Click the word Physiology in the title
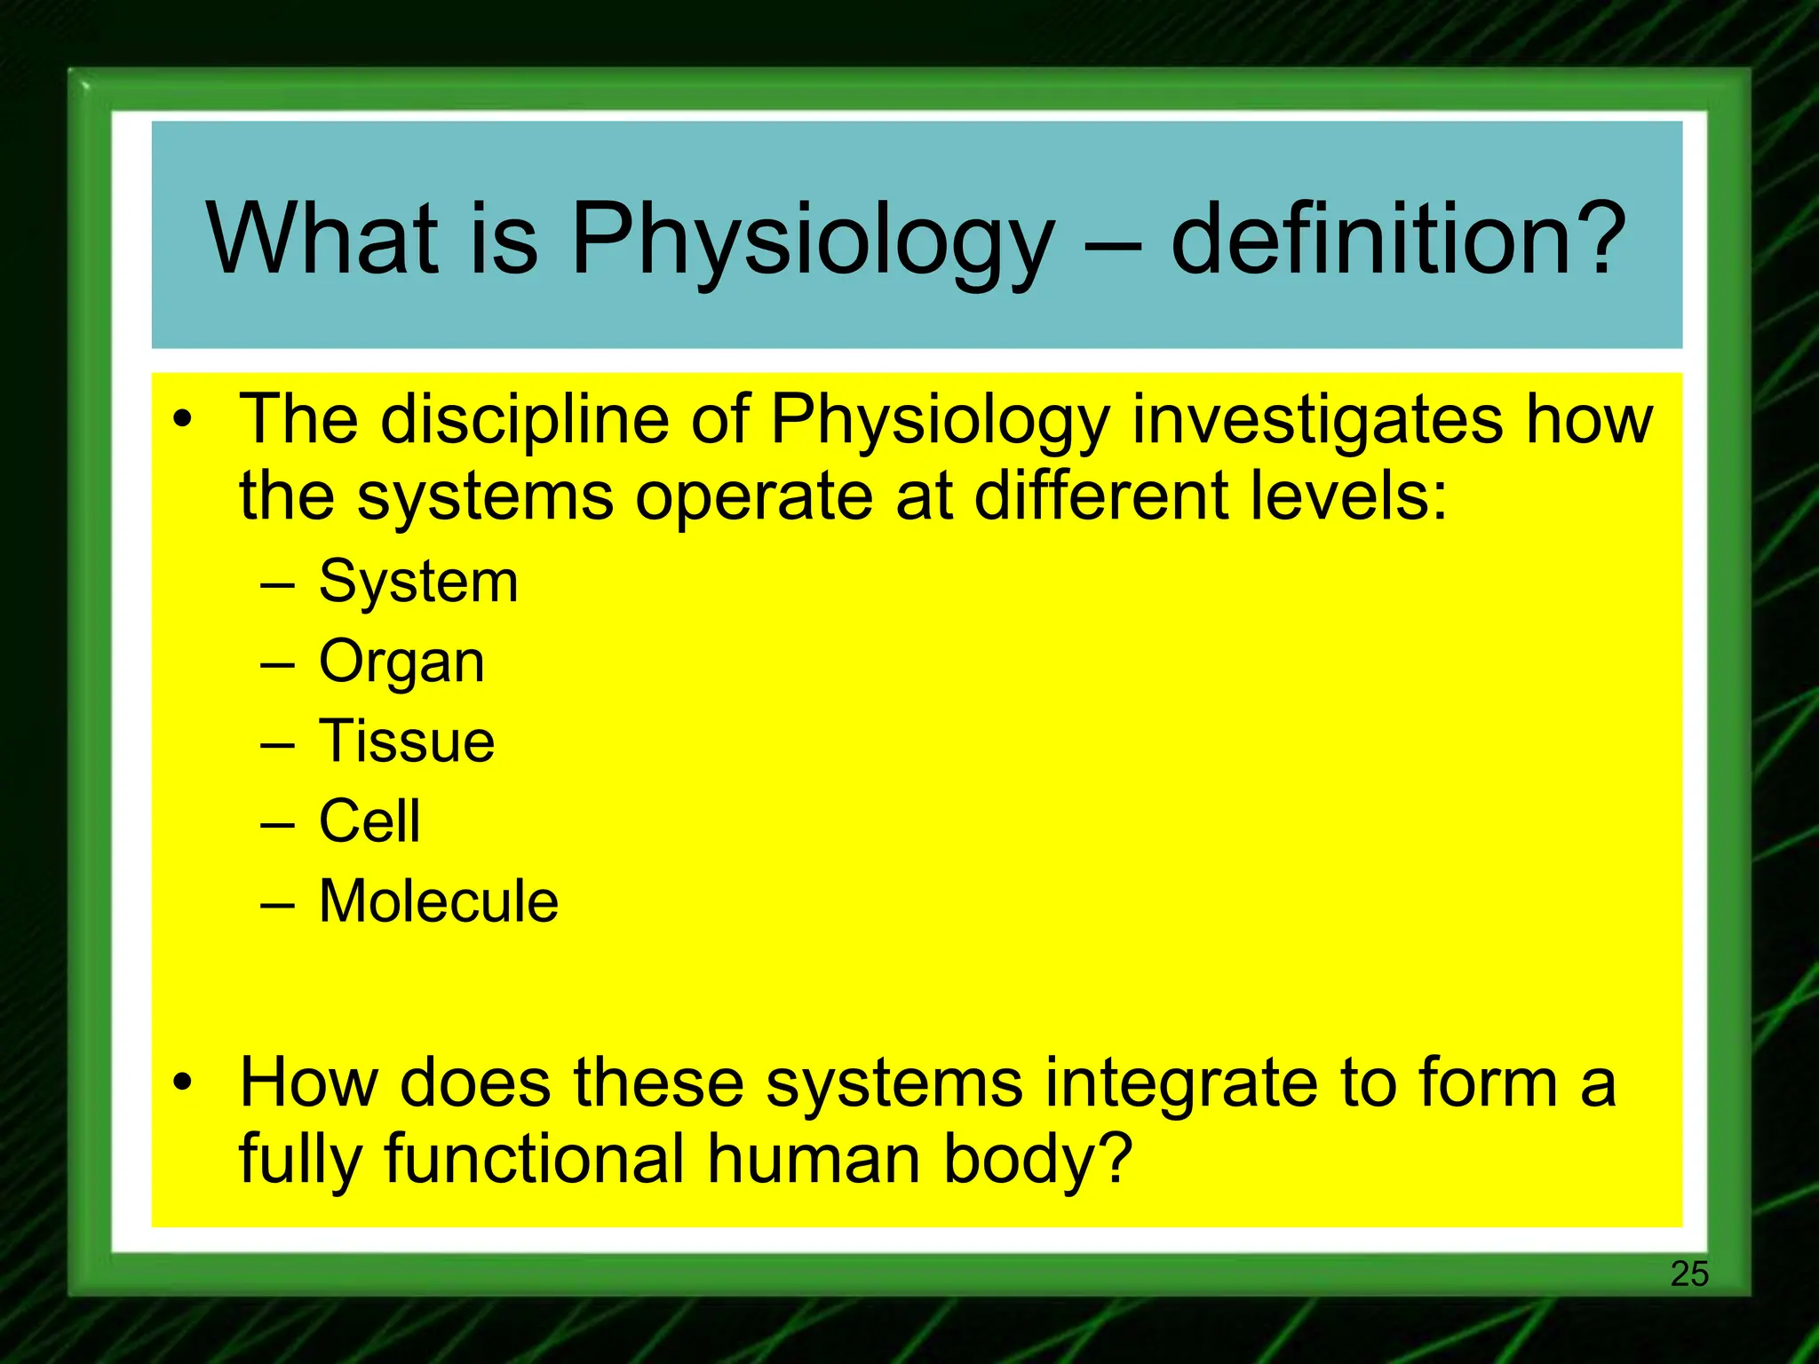(812, 238)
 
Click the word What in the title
(322, 238)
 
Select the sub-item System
(418, 583)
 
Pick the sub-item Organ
(401, 662)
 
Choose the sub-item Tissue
(407, 741)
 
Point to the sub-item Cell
(369, 821)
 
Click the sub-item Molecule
(439, 901)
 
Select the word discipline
(524, 419)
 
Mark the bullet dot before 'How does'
(182, 1082)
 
